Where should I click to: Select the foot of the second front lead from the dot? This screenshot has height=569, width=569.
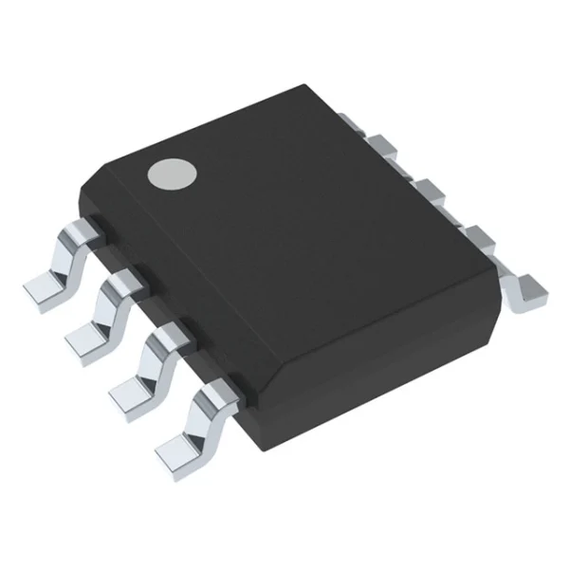(x=87, y=336)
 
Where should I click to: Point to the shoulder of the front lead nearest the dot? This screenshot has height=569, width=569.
(x=85, y=228)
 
